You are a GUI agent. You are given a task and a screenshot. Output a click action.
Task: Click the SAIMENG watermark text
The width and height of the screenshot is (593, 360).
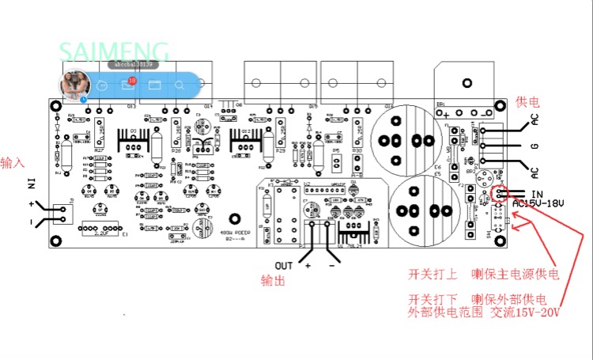pos(114,52)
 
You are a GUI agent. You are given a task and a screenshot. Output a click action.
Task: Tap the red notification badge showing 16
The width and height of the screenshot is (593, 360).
pos(132,81)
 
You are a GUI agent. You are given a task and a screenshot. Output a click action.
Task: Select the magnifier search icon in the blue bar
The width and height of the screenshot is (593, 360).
pos(179,84)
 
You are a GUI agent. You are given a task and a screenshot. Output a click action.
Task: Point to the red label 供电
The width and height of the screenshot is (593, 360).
pos(527,102)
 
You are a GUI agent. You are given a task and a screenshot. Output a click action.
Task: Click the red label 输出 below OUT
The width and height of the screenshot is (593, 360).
pos(273,280)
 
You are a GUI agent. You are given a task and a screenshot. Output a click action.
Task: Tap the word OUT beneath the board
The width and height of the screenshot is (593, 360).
pos(284,264)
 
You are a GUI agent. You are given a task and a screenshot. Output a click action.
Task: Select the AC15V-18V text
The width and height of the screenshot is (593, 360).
pos(540,203)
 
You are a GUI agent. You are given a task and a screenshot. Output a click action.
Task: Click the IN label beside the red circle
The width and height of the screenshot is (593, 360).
pos(537,193)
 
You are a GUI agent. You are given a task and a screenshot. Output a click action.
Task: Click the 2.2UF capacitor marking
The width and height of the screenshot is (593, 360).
pos(102,233)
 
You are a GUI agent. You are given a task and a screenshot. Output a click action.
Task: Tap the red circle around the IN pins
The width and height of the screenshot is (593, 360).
pos(500,194)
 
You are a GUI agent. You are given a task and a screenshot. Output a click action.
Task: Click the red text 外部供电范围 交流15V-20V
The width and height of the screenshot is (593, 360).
pos(483,313)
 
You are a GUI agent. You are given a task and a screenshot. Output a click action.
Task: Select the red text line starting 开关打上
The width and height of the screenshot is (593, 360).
pos(483,275)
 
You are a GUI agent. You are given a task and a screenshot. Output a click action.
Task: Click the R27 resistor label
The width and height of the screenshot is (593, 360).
pos(99,149)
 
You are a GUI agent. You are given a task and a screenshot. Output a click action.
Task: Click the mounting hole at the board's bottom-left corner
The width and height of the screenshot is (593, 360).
pos(56,241)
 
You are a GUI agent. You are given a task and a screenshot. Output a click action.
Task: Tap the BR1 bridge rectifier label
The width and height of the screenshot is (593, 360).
pos(440,104)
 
